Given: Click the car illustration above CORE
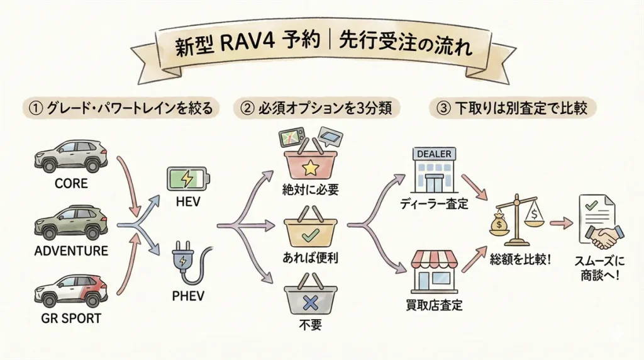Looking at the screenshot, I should (x=71, y=155).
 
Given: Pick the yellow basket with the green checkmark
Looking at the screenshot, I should (x=311, y=233).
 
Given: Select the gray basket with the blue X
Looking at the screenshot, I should (x=311, y=301).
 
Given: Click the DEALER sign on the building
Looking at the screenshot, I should (x=435, y=153).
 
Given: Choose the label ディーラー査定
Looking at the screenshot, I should (x=434, y=203).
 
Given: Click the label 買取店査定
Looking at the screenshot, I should (x=434, y=307).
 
